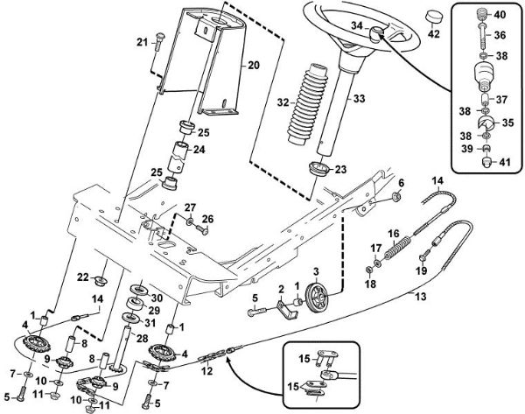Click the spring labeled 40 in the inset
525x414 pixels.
point(479,15)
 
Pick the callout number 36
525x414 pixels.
point(501,36)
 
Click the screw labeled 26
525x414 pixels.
point(198,229)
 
